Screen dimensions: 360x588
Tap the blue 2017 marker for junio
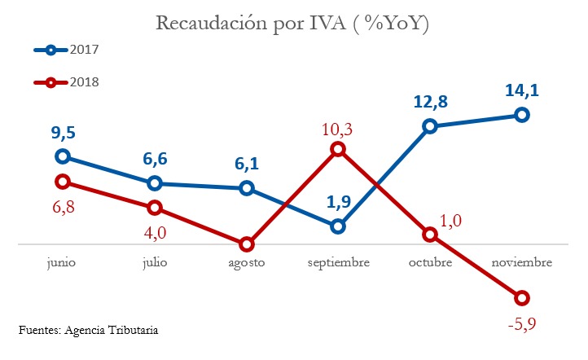[63, 156]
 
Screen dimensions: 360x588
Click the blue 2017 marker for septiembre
[338, 226]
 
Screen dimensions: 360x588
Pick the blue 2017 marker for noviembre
[522, 115]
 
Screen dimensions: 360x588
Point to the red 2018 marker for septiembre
[338, 149]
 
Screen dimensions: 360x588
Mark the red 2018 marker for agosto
[246, 244]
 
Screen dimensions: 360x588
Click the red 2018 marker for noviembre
[522, 297]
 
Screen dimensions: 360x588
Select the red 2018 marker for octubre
[430, 235]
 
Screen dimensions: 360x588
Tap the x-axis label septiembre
[338, 263]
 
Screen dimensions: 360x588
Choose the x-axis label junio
[63, 263]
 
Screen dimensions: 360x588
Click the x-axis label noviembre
[522, 263]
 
